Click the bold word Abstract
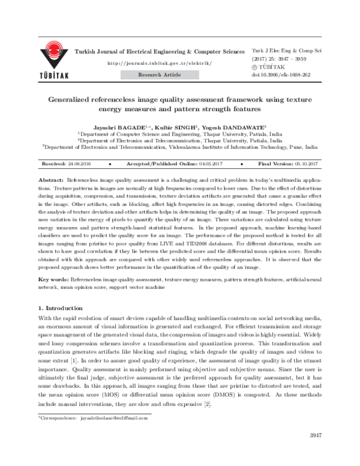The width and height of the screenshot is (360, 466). coord(51,180)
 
